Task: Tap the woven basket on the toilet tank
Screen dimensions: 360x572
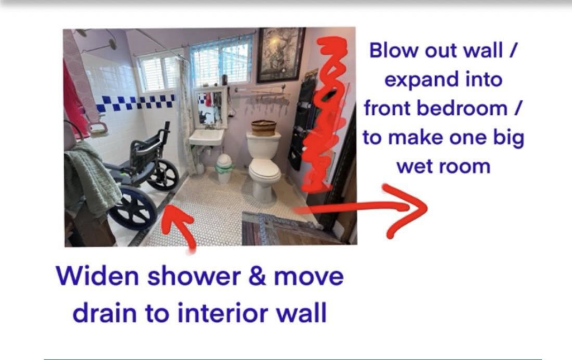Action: [264, 127]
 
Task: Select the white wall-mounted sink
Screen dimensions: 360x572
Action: [206, 136]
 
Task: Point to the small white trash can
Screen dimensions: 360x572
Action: [225, 168]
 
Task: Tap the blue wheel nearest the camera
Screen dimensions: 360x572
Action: [133, 208]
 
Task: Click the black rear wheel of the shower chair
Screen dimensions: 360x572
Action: [164, 175]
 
